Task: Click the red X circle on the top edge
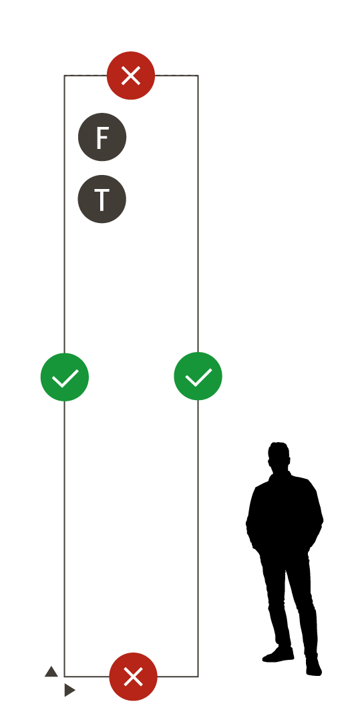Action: click(x=131, y=75)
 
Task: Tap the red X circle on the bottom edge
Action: click(x=134, y=677)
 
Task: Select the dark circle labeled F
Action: click(x=102, y=137)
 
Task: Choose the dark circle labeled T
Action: click(x=102, y=199)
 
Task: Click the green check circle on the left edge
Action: click(x=64, y=377)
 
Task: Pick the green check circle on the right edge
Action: click(x=198, y=376)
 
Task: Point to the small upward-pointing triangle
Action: click(x=51, y=672)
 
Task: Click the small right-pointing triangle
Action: click(x=69, y=690)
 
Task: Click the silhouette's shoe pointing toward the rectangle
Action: click(x=278, y=656)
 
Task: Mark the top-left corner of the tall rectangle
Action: click(x=64, y=75)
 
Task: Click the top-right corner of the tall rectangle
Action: click(x=198, y=75)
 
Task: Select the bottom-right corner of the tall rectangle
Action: click(x=198, y=677)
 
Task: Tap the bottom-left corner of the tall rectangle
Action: click(x=64, y=677)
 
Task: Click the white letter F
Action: click(x=102, y=137)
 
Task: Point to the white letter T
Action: click(x=102, y=200)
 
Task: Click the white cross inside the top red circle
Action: click(x=131, y=75)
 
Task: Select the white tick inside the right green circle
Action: click(x=198, y=377)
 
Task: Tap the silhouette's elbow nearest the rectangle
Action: click(x=249, y=525)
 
